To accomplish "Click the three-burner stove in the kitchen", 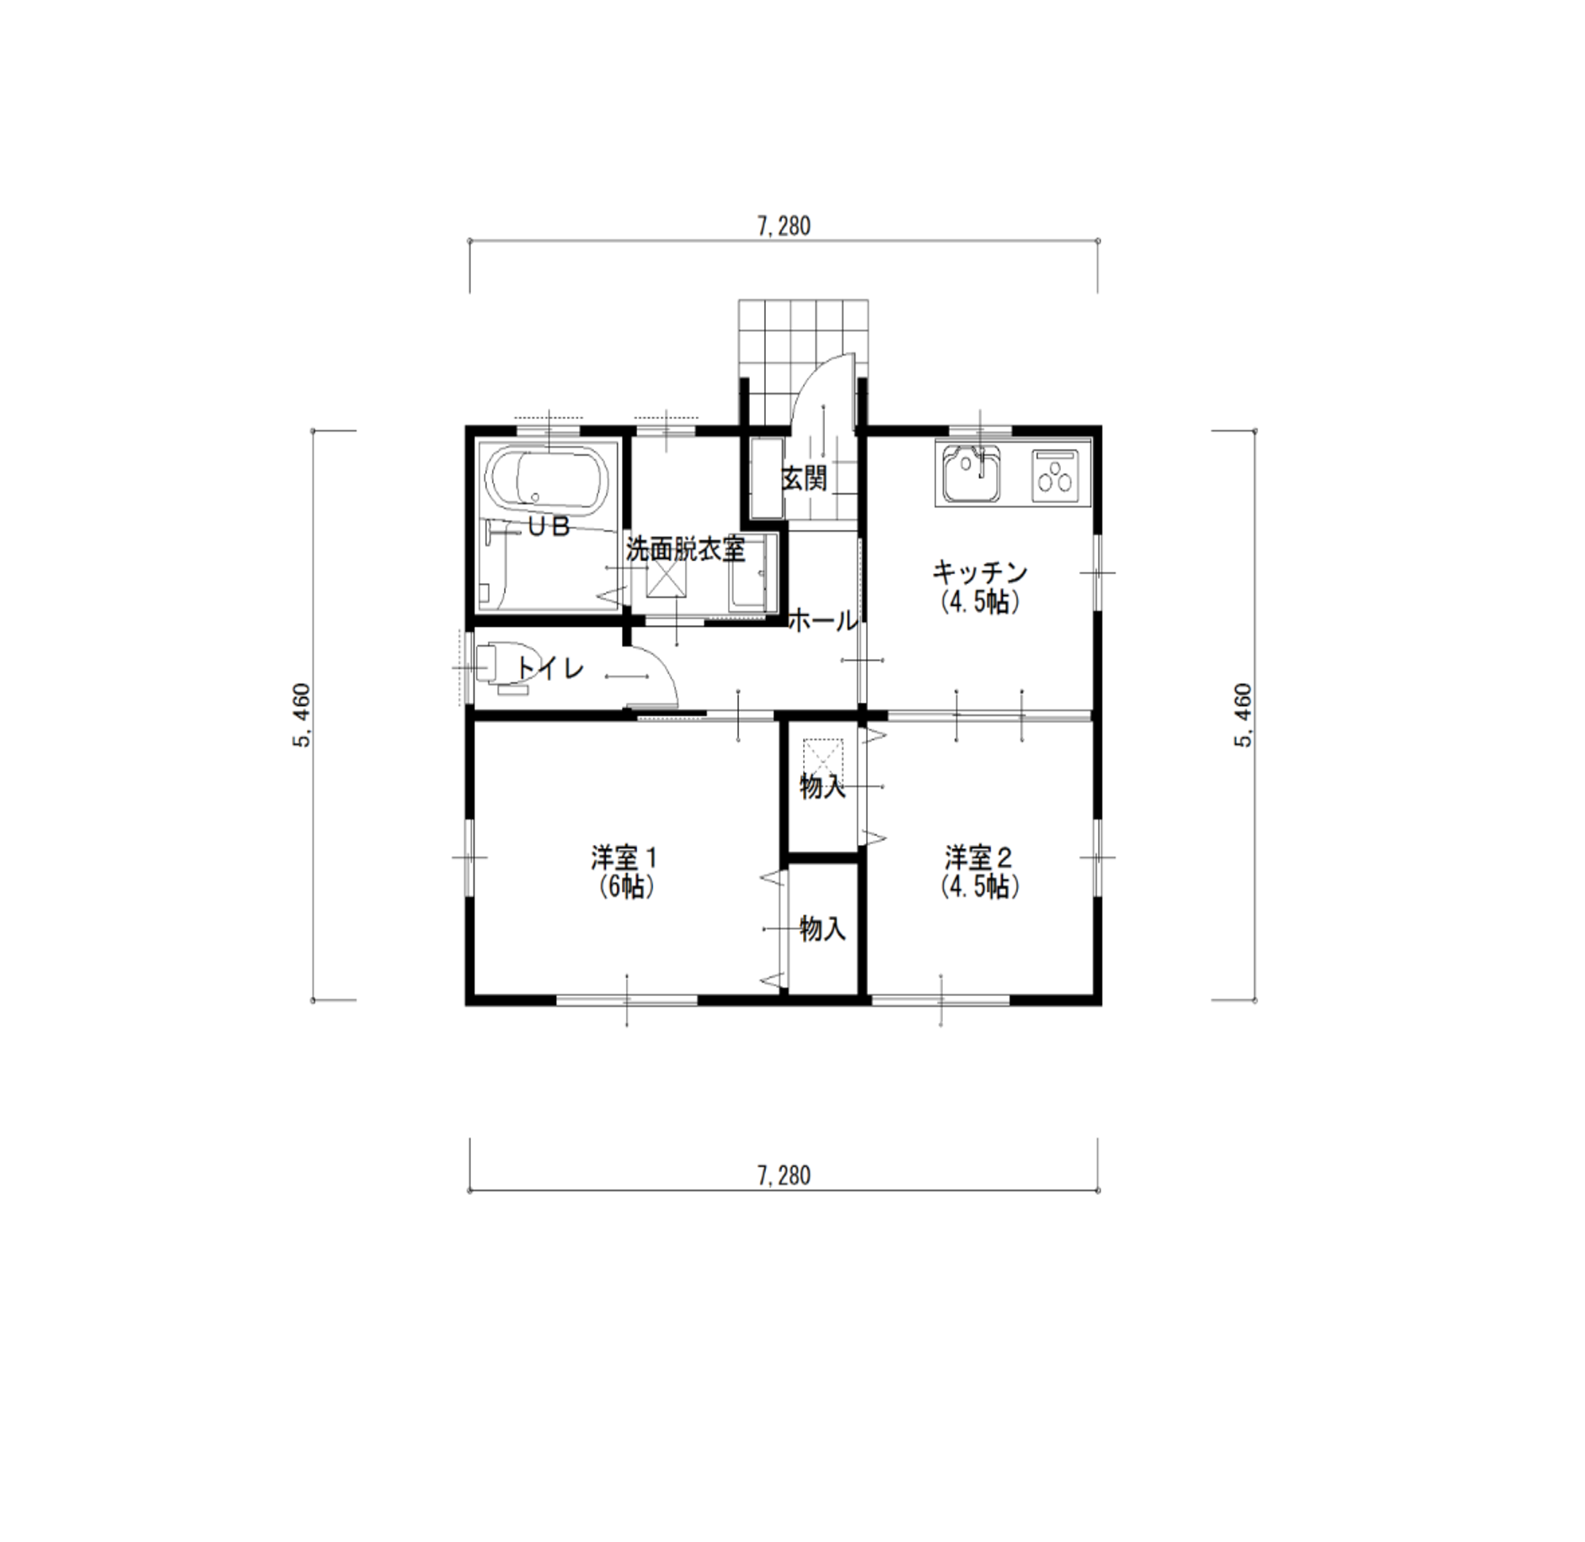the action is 1055,476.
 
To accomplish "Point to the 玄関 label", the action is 805,479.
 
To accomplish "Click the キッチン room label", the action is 979,573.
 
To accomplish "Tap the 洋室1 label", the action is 624,858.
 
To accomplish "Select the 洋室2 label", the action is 978,858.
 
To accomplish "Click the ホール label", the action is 823,622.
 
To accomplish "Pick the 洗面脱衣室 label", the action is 686,550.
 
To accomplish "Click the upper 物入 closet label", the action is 822,788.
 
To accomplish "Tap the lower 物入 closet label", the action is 822,929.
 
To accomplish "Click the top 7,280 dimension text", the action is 784,227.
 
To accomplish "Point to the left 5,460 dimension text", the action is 303,715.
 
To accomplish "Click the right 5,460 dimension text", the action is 1243,715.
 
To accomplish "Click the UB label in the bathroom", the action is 549,527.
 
